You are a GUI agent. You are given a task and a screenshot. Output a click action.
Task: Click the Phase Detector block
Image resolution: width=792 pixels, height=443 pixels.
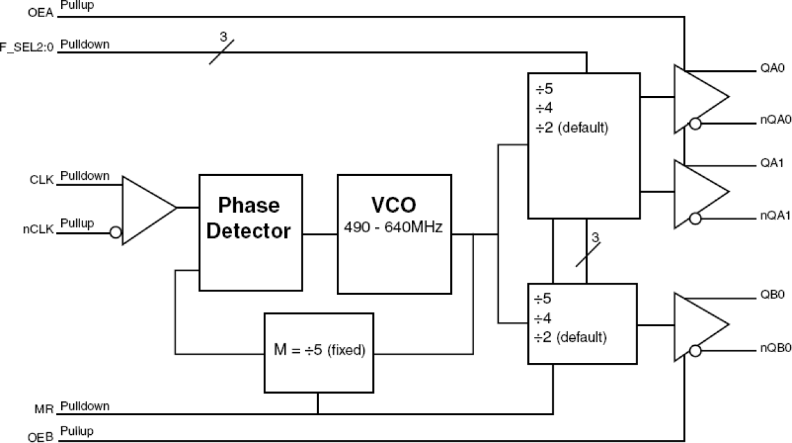251,232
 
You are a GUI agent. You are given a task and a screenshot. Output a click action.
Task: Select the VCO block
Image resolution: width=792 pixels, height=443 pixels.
394,233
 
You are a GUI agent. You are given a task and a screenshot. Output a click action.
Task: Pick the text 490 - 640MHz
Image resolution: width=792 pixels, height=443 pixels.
394,227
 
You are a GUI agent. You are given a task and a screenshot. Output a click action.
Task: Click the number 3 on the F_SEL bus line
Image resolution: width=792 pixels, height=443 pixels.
223,37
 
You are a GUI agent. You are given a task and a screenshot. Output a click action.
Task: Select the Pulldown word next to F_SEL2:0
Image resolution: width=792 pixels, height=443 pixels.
85,45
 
